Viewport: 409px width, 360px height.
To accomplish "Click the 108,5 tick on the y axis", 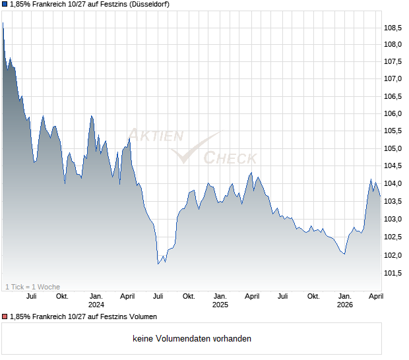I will click(393, 28).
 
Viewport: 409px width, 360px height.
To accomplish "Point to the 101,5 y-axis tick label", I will click(393, 273).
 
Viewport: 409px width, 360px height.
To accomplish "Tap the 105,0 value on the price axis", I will click(393, 149).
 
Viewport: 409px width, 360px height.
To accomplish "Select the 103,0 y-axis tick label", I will click(393, 220).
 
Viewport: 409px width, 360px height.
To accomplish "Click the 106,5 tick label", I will click(393, 96).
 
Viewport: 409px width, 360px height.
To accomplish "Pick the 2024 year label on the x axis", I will click(96, 305).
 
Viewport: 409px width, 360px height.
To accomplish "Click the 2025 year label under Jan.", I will click(220, 305).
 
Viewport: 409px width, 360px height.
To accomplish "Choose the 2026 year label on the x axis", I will click(344, 305).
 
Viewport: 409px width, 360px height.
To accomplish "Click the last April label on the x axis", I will click(375, 296).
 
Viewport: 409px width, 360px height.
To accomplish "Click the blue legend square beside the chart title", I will click(5, 5).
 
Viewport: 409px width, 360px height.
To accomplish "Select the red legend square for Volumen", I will click(5, 316).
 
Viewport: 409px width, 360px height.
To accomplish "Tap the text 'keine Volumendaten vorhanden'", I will click(192, 339).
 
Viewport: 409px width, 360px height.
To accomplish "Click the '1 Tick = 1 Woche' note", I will click(33, 287).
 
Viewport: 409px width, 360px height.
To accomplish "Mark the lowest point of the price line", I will click(158, 264).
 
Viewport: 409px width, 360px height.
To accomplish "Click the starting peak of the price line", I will click(3, 23).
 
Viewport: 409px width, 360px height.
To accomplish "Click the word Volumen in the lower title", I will click(142, 316).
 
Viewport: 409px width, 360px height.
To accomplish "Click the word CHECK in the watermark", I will click(230, 158).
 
